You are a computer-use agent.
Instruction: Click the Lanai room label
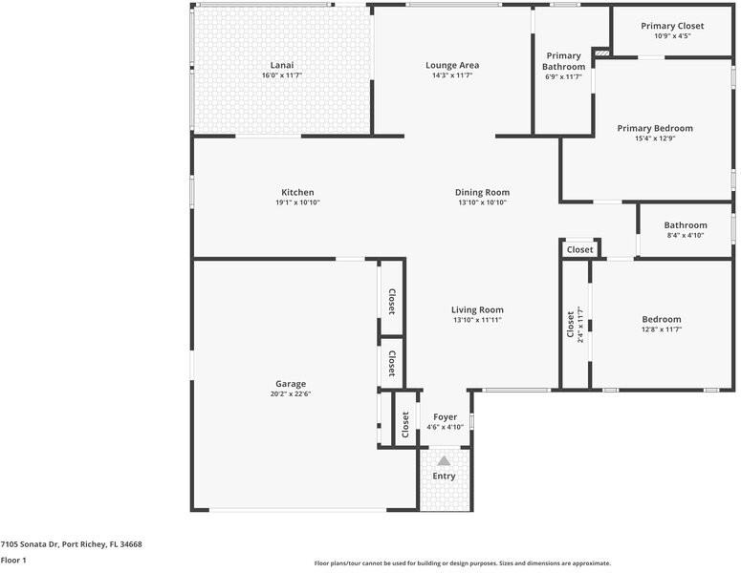[x=282, y=65]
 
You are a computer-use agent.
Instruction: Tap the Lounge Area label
[x=452, y=65]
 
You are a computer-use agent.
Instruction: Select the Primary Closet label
[x=672, y=26]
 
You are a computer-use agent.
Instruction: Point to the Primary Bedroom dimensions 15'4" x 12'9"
[x=655, y=138]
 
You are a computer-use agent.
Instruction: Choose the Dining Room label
[x=482, y=192]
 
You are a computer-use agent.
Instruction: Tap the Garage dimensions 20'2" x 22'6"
[x=291, y=393]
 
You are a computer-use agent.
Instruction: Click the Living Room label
[x=477, y=309]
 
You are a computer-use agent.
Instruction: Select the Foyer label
[x=445, y=417]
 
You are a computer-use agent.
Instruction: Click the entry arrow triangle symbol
[x=444, y=460]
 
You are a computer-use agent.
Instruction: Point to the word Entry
[x=445, y=476]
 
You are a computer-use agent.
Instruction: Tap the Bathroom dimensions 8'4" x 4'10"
[x=686, y=235]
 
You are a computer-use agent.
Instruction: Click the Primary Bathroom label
[x=563, y=61]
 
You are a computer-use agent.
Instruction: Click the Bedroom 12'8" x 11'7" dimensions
[x=662, y=329]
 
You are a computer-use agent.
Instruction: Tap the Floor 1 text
[x=12, y=561]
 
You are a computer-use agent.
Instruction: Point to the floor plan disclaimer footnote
[x=463, y=563]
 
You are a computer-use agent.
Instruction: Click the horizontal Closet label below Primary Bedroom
[x=579, y=249]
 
